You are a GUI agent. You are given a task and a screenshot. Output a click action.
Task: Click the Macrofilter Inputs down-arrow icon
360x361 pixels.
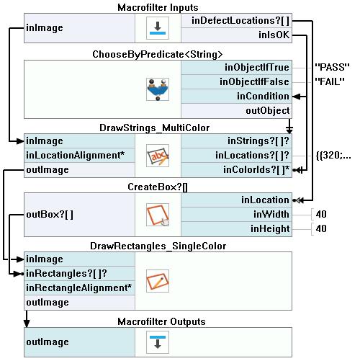(158, 28)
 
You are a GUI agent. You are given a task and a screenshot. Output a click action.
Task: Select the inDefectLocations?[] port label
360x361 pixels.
(240, 21)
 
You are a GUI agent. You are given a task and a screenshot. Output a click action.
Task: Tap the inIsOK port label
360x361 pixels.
(274, 35)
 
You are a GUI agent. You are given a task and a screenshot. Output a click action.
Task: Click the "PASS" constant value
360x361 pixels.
(332, 67)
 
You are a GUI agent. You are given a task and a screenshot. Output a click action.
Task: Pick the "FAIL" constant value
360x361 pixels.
(330, 81)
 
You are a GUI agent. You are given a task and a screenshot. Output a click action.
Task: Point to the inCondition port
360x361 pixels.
(263, 97)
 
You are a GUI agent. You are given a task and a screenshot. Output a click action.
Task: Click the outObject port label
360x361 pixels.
(268, 111)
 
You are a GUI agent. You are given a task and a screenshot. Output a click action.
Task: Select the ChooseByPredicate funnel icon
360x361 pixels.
(158, 89)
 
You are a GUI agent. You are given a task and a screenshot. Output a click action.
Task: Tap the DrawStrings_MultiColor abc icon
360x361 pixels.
(158, 156)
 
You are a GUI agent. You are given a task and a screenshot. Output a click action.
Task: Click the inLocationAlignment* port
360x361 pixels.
(75, 156)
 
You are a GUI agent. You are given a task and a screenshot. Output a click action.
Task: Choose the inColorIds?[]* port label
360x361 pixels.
(256, 170)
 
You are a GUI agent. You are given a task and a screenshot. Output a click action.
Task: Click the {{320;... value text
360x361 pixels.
(333, 156)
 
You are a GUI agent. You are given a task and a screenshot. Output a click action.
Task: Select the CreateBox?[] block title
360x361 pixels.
(158, 187)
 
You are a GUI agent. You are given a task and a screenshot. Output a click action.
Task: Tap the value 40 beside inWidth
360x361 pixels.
(321, 214)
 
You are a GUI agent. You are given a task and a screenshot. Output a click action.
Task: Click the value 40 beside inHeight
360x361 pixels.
(321, 228)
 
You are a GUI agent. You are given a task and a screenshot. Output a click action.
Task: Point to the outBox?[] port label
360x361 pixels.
(50, 215)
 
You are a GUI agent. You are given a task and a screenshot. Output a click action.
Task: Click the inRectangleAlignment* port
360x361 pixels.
(78, 288)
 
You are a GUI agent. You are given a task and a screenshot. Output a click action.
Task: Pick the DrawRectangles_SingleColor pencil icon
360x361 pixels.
(158, 281)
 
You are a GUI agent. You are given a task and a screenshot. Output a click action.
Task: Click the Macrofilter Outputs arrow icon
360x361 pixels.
(158, 342)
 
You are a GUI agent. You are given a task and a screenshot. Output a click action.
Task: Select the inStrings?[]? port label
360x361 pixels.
(258, 141)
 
